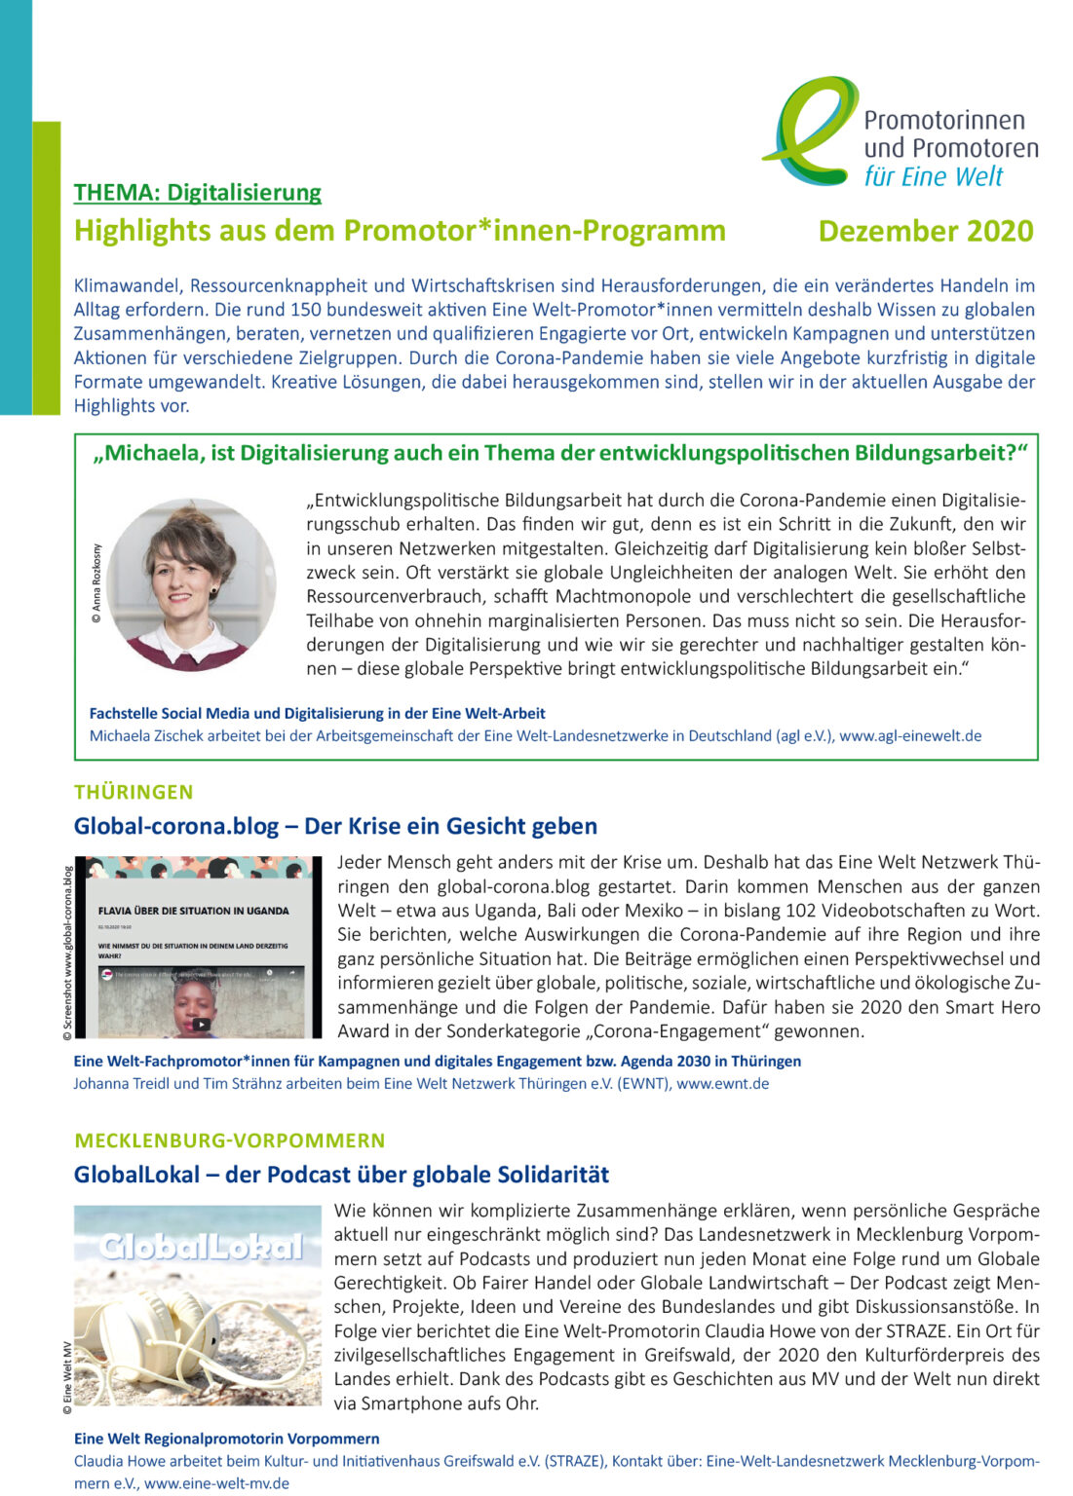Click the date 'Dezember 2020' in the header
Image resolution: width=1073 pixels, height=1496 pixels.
coord(925,231)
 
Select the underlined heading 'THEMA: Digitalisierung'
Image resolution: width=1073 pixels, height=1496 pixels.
coord(197,192)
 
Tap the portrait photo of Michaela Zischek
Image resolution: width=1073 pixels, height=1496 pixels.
coord(191,584)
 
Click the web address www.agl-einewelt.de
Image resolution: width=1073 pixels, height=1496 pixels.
coord(909,735)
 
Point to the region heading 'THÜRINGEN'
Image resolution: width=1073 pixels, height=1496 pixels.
coord(134,792)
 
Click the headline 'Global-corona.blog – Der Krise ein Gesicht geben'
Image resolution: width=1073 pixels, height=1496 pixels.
coord(335,826)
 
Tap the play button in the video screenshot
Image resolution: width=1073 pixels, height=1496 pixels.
coord(200,1024)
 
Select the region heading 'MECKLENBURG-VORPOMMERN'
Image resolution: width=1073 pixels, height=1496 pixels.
coord(229,1140)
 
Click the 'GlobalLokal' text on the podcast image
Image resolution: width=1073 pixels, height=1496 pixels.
coord(201,1248)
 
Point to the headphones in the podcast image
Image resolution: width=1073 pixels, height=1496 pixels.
coord(166,1334)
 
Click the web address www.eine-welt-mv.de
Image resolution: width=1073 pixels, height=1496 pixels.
coord(216,1483)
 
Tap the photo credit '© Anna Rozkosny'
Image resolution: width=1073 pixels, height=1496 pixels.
coord(96,583)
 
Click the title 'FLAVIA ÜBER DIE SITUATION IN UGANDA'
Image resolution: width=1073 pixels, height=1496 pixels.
coord(193,911)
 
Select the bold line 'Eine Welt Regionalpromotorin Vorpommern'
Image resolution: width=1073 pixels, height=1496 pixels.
coord(226,1439)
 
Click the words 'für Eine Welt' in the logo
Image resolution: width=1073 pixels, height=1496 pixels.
coord(933,177)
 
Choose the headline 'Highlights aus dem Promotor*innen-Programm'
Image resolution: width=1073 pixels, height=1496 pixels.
coord(400,231)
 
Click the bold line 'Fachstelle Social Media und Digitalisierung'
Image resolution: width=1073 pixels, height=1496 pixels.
coord(317,713)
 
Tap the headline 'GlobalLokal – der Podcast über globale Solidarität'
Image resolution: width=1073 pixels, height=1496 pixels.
coord(341,1175)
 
